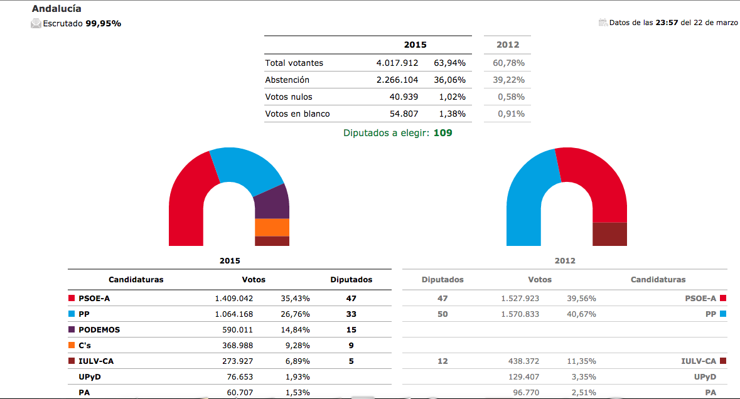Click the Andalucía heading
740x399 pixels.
(x=56, y=9)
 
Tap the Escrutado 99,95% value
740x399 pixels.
(x=104, y=24)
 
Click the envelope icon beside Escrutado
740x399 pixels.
(x=36, y=24)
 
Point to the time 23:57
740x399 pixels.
(x=667, y=23)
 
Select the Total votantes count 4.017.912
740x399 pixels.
(x=397, y=63)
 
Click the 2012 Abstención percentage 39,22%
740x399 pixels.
(x=509, y=80)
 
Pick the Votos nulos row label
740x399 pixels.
(x=289, y=97)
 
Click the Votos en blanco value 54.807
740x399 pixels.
(x=404, y=114)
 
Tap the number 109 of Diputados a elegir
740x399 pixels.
(x=442, y=133)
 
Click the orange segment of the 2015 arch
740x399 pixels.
(x=272, y=227)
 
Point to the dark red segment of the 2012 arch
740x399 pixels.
(x=609, y=234)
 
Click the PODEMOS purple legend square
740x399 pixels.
(x=72, y=329)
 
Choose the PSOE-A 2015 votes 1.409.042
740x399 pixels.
(x=234, y=299)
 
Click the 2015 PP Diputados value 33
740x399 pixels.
(x=351, y=314)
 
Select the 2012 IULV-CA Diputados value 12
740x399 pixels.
(x=442, y=361)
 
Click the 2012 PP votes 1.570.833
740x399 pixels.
(x=520, y=314)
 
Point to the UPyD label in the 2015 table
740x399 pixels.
(x=90, y=377)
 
